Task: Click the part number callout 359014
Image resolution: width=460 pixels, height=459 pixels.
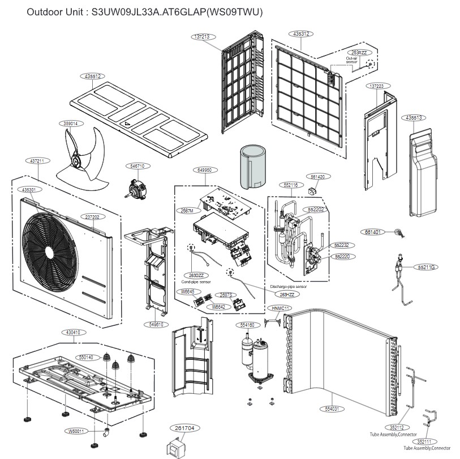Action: [71, 123]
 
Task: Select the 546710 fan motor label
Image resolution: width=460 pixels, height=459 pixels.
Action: [137, 167]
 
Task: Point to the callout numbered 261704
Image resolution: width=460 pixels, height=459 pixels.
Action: [184, 428]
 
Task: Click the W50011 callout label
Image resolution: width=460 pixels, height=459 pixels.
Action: [76, 431]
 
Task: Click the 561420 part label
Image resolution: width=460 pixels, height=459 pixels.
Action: [317, 177]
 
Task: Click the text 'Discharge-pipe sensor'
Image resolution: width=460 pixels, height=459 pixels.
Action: [288, 287]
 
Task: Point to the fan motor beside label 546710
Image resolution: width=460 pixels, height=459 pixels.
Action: [135, 186]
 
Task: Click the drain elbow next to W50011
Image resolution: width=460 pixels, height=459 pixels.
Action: [106, 433]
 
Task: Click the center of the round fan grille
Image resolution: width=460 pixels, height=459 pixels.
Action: [49, 252]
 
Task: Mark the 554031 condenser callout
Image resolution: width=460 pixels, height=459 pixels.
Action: [332, 408]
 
